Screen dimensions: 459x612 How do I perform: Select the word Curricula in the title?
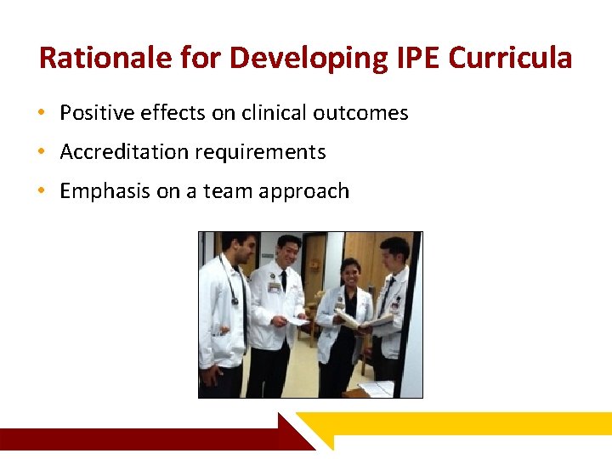pyautogui.click(x=510, y=58)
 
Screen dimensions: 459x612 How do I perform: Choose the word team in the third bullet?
pyautogui.click(x=227, y=191)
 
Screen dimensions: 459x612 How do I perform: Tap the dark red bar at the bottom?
pyautogui.click(x=144, y=438)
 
